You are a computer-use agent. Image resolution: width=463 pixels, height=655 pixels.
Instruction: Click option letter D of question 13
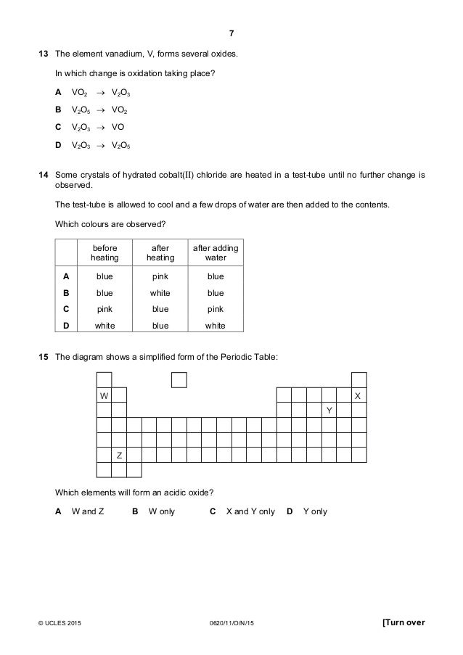point(57,146)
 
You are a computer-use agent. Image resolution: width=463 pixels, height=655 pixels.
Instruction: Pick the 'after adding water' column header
point(215,253)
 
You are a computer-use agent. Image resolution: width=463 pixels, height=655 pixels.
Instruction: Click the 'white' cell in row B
point(160,293)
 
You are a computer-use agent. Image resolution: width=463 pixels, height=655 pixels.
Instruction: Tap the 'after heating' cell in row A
point(160,276)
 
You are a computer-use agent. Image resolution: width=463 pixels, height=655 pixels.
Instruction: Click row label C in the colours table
point(66,309)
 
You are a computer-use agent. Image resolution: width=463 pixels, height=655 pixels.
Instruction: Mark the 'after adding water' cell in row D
point(215,326)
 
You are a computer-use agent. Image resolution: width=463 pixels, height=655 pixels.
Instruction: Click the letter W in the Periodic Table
point(104,395)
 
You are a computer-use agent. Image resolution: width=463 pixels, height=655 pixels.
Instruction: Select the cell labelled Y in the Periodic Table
point(328,411)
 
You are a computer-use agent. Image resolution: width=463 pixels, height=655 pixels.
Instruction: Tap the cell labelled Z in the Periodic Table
point(119,455)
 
